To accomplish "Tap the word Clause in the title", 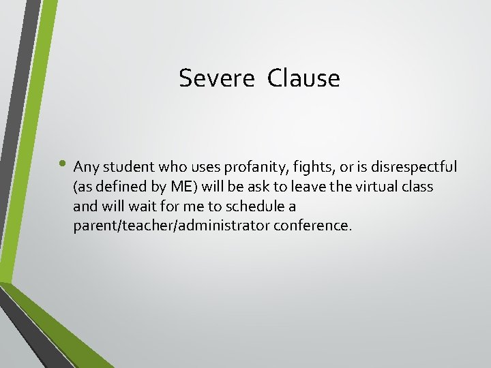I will (x=303, y=78).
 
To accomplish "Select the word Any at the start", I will (x=85, y=167).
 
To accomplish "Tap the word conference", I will (x=313, y=226).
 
